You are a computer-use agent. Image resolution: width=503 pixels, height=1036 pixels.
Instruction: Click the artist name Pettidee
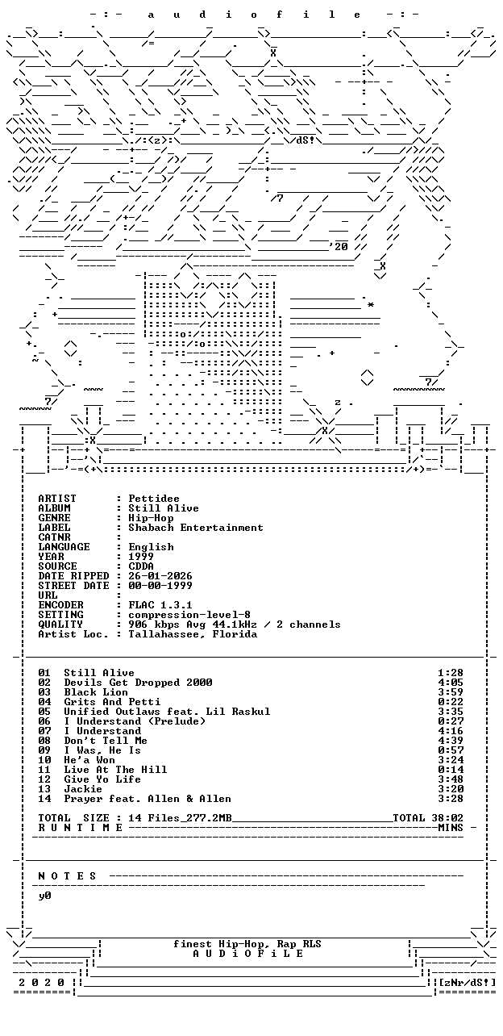154,499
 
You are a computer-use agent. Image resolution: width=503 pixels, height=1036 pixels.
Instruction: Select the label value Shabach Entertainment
196,528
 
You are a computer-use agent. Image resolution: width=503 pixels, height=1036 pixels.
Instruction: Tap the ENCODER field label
61,605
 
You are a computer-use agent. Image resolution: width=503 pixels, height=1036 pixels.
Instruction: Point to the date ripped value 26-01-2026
160,576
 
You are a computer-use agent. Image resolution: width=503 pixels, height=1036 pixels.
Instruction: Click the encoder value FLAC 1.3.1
160,605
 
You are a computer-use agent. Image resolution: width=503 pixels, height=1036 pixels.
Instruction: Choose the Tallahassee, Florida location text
193,634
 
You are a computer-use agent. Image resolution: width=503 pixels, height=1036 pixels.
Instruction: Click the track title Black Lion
96,692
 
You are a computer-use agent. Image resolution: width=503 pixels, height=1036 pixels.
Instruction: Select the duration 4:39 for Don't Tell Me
451,741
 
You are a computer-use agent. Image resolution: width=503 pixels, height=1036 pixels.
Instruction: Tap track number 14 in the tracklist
44,799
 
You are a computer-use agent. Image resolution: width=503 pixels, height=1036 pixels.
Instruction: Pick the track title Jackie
83,789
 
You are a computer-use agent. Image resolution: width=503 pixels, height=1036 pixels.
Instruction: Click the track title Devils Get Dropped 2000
138,683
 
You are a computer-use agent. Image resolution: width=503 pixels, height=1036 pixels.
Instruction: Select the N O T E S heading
67,876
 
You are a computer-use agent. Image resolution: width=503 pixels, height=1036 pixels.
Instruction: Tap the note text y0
44,896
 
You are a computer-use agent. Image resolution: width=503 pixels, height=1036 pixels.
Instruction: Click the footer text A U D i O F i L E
247,954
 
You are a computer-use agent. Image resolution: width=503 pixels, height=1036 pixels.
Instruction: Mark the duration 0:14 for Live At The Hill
451,770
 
